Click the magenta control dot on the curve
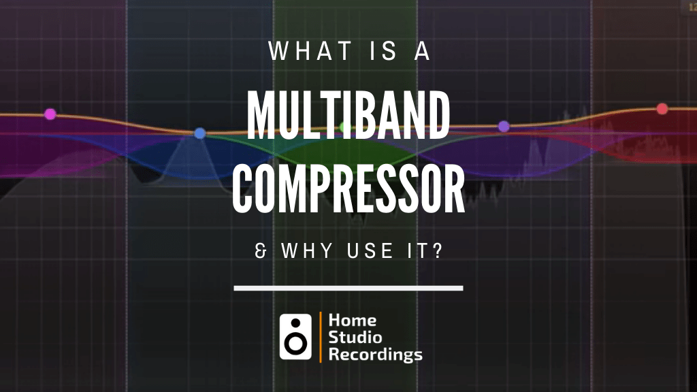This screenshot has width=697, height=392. (x=50, y=114)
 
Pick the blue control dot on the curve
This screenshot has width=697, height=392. (x=199, y=133)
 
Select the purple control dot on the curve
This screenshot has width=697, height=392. (x=504, y=126)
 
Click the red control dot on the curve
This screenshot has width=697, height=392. (x=662, y=109)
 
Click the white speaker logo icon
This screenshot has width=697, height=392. (x=295, y=336)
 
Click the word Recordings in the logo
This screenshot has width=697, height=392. (x=375, y=354)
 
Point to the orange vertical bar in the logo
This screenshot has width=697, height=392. (x=320, y=336)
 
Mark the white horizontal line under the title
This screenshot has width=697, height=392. (x=348, y=288)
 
